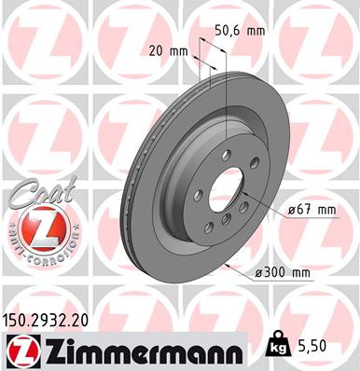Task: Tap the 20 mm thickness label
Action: pos(169,51)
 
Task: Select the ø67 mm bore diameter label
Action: pos(311,210)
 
